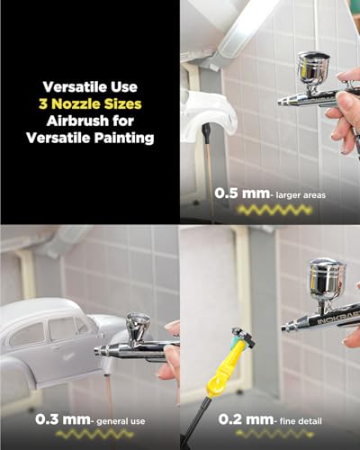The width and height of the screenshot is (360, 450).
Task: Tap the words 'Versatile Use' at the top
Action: point(90,87)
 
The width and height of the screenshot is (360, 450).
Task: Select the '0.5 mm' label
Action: point(235,192)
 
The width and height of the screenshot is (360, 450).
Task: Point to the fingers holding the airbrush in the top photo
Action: point(344,117)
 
